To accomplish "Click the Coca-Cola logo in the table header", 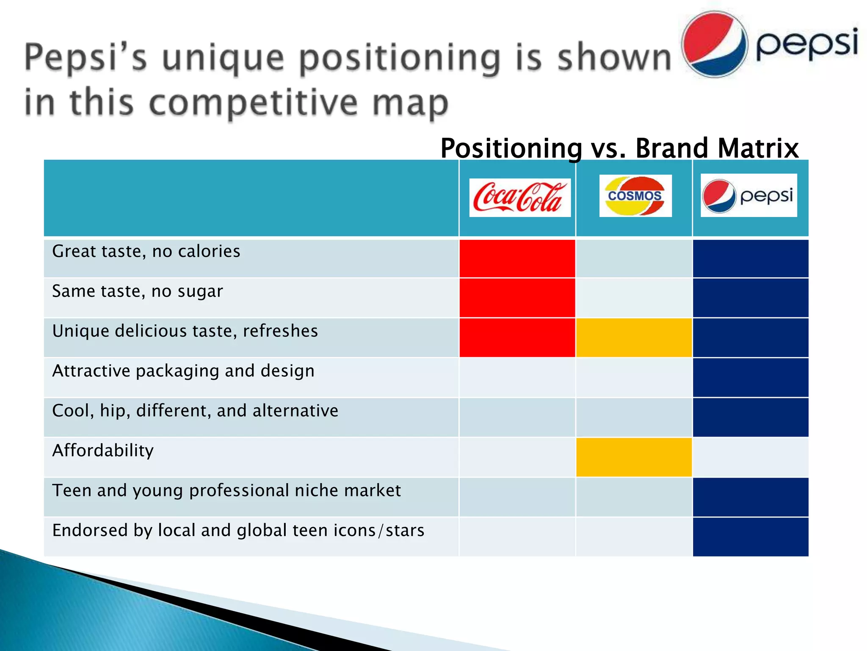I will tap(519, 198).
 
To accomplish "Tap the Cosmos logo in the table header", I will tap(635, 196).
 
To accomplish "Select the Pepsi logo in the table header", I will tap(748, 195).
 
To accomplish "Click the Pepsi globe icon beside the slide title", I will tap(715, 45).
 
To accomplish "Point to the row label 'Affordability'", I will tap(103, 451).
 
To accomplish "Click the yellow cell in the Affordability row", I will tap(634, 457).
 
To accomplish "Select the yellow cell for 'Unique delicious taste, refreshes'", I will tap(634, 338).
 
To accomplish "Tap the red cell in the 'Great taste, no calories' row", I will tap(517, 259).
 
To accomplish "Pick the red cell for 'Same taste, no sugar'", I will tap(517, 298).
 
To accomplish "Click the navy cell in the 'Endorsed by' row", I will tap(750, 537).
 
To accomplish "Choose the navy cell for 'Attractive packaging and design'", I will tap(750, 378).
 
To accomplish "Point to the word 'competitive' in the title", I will tap(254, 103).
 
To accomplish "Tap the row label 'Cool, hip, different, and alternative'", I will tap(195, 411).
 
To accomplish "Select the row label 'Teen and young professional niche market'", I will tap(226, 490).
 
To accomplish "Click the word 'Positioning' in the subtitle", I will tap(511, 148).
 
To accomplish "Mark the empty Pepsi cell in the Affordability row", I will tap(750, 457).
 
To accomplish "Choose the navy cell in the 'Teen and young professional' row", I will tap(750, 497).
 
